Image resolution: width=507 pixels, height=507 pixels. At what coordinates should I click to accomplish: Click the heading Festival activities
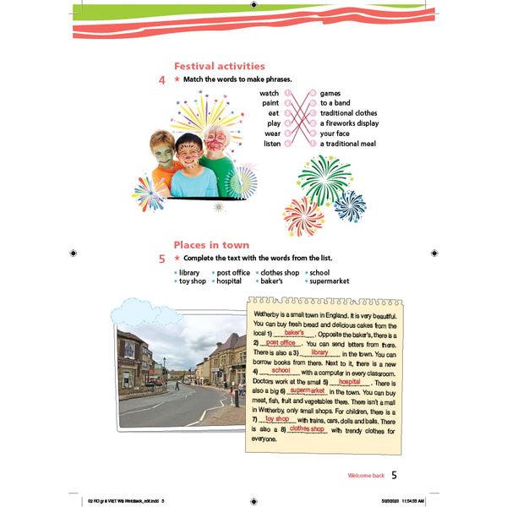click(x=219, y=66)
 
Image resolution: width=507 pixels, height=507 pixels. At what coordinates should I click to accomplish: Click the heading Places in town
click(x=211, y=245)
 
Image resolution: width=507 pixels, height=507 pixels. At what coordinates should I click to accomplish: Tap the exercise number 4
click(x=161, y=81)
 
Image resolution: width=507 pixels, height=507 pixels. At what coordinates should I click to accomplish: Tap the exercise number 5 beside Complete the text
click(x=161, y=259)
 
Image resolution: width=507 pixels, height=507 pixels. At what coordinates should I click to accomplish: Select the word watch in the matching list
click(x=269, y=93)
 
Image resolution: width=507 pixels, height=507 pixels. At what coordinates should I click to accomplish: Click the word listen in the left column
click(x=270, y=144)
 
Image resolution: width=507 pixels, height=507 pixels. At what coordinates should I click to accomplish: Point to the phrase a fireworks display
click(x=349, y=123)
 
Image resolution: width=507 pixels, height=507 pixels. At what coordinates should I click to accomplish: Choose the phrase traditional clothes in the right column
click(x=348, y=113)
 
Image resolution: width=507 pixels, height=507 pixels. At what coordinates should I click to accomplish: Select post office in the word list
click(x=233, y=273)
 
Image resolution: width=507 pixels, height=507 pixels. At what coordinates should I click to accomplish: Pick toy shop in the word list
click(x=192, y=281)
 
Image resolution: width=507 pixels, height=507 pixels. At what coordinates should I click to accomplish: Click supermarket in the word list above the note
click(x=329, y=281)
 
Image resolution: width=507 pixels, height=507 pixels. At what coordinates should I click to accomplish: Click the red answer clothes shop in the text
click(x=307, y=429)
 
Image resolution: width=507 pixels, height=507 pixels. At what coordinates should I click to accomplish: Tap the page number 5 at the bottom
click(x=394, y=475)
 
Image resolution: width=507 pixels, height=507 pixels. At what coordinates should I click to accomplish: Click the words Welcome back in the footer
click(x=366, y=476)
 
